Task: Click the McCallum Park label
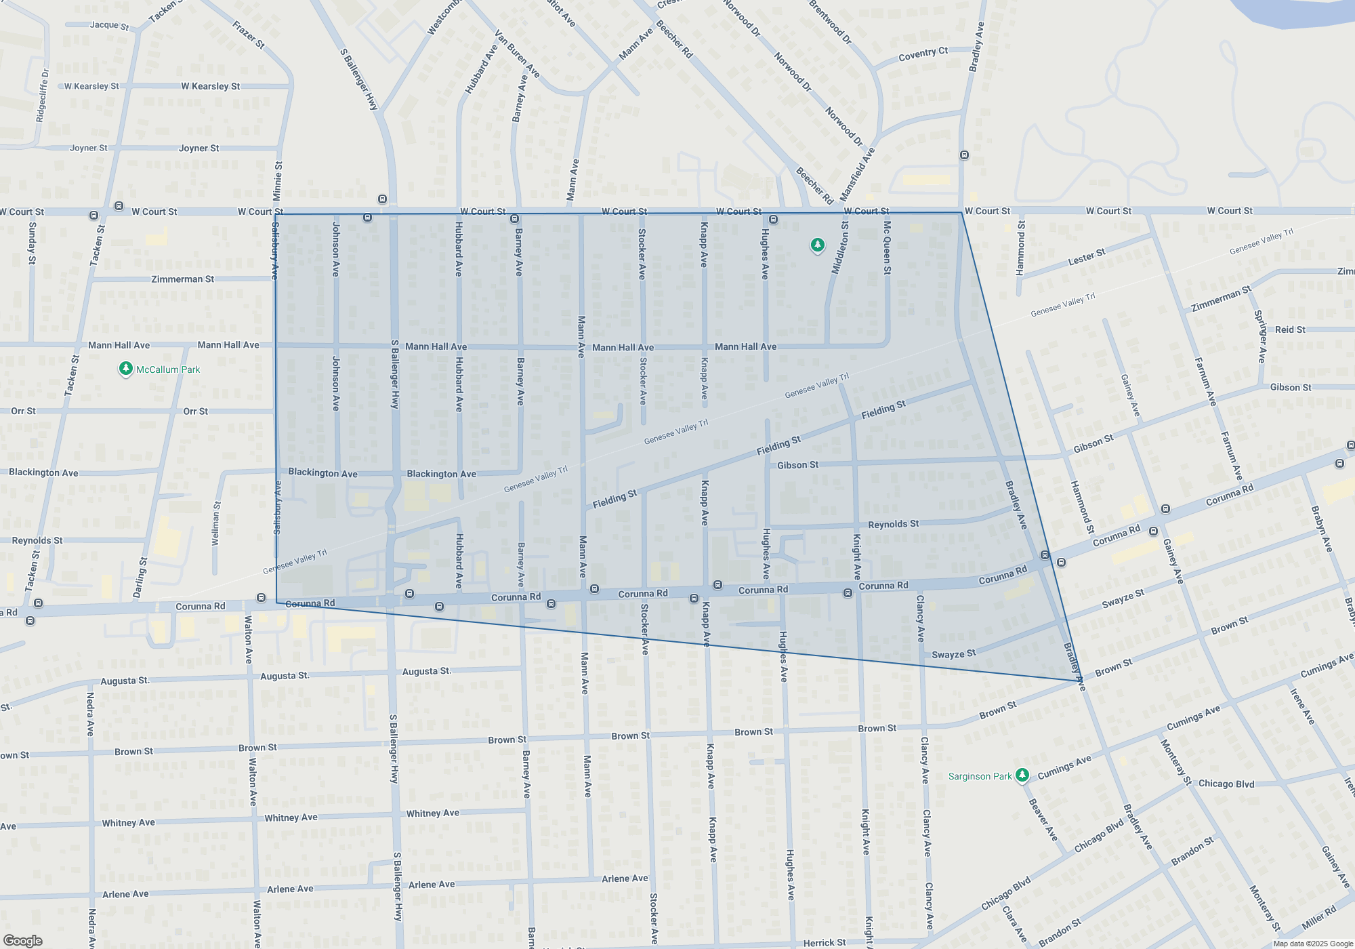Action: [168, 369]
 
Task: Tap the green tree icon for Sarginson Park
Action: [1022, 775]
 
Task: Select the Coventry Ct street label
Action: [923, 54]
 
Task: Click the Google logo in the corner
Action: [23, 941]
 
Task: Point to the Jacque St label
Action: [109, 25]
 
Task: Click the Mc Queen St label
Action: [887, 247]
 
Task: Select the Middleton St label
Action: [840, 247]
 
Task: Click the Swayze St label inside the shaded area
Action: [953, 654]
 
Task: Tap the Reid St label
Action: [1290, 329]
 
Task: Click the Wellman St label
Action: [216, 523]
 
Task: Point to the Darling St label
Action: [140, 578]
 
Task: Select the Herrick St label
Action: [824, 943]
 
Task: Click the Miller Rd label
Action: [1318, 918]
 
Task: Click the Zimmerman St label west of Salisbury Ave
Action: [182, 279]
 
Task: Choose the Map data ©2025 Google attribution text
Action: [1312, 944]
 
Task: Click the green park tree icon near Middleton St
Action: [818, 245]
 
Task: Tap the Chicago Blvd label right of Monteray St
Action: [1226, 784]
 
